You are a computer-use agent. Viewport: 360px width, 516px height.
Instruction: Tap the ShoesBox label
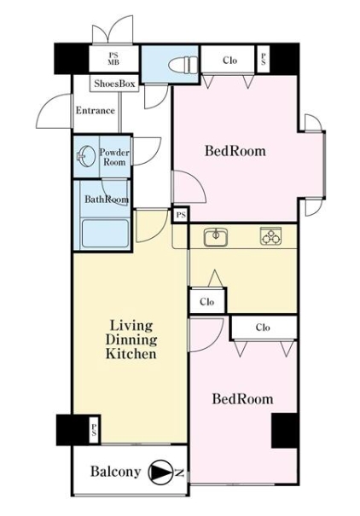(114, 84)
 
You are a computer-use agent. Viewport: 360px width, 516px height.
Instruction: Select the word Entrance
(95, 110)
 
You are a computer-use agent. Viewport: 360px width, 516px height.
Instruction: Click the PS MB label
(113, 59)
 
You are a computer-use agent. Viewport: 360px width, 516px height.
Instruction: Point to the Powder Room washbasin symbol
(84, 157)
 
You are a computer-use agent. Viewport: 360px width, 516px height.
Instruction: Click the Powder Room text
(114, 157)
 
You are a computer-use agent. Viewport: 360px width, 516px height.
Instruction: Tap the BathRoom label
(107, 199)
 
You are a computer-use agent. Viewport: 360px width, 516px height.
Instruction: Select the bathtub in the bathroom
(105, 234)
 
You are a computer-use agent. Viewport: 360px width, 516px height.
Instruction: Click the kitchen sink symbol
(216, 236)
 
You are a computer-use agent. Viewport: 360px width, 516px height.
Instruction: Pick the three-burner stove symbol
(270, 236)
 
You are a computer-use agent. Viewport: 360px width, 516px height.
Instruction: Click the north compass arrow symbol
(161, 472)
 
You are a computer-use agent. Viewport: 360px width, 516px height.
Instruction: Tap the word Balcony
(115, 472)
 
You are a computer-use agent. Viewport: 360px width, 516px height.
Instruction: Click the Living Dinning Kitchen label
(131, 339)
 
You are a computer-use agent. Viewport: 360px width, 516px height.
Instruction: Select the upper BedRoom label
(235, 151)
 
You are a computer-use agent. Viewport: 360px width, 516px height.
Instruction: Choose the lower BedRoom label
(242, 399)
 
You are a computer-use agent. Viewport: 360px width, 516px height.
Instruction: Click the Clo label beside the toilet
(229, 61)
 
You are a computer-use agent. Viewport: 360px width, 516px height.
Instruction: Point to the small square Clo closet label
(207, 302)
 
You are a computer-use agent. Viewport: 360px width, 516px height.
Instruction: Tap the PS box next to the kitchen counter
(181, 215)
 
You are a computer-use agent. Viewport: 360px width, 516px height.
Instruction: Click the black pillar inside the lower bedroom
(285, 431)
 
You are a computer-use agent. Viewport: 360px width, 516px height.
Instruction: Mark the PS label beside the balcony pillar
(94, 431)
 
